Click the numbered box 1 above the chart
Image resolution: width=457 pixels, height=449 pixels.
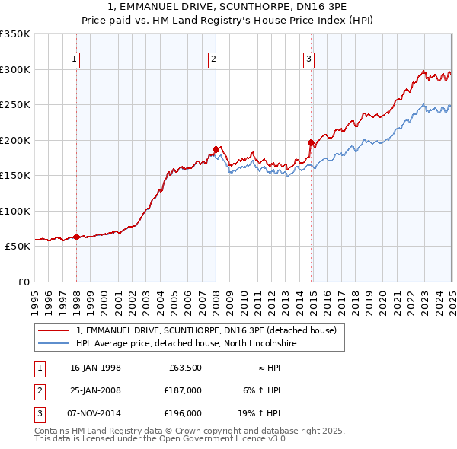point(75,59)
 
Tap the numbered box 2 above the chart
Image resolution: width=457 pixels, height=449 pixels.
point(214,59)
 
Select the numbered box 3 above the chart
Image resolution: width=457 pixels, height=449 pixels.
point(309,59)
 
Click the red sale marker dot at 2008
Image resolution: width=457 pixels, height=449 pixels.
point(216,149)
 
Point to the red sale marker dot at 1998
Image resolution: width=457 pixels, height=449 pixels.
point(76,237)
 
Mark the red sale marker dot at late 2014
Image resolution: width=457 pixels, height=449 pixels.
point(311,142)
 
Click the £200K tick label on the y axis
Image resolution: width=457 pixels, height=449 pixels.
point(14,140)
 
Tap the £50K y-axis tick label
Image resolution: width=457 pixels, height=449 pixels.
point(18,247)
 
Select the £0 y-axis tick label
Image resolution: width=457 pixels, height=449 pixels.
point(23,282)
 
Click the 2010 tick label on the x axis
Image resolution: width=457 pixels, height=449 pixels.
point(244,297)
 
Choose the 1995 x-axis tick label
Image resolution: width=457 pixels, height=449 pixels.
point(35,297)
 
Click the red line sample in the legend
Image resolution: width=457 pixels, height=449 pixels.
point(53,330)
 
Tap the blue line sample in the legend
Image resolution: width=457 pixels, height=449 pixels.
point(53,343)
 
